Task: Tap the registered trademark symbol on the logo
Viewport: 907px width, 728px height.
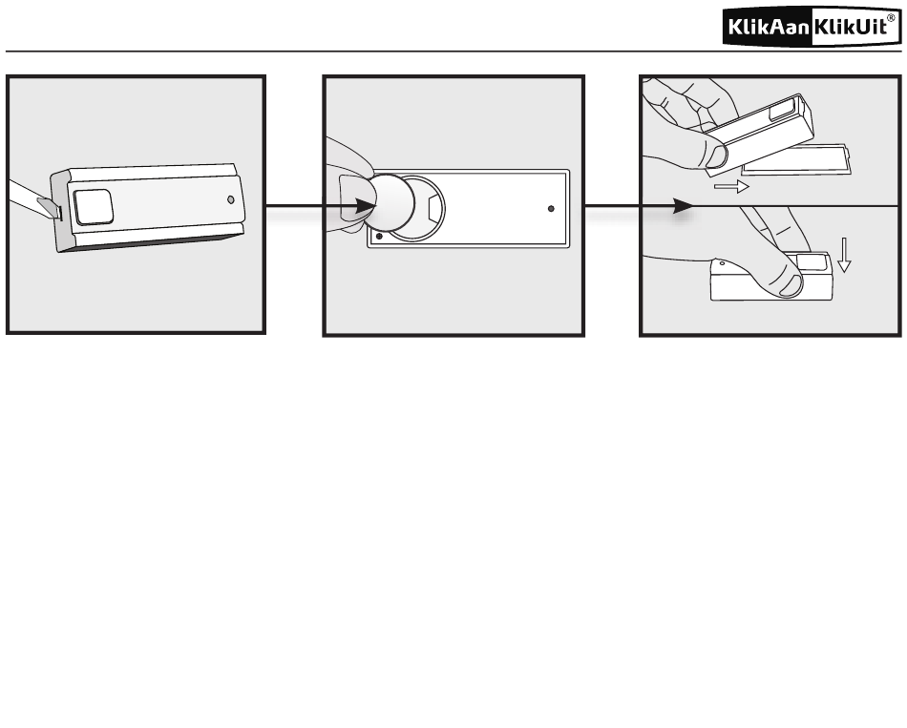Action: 891,18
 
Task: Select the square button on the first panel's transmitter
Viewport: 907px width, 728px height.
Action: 93,207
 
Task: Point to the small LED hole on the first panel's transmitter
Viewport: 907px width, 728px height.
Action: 231,199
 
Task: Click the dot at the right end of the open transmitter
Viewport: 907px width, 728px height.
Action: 551,208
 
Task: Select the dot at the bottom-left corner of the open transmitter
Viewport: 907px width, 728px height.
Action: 379,236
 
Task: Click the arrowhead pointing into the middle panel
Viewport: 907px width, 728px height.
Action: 366,206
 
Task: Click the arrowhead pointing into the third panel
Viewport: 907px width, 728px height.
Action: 683,206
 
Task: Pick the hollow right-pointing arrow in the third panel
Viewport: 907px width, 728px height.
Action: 731,187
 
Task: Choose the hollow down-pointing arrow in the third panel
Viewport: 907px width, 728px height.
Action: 845,255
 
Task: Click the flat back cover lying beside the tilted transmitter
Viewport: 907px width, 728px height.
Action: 797,160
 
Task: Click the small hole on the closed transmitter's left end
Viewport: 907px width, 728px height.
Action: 722,263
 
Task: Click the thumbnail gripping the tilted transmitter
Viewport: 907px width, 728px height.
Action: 717,156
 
